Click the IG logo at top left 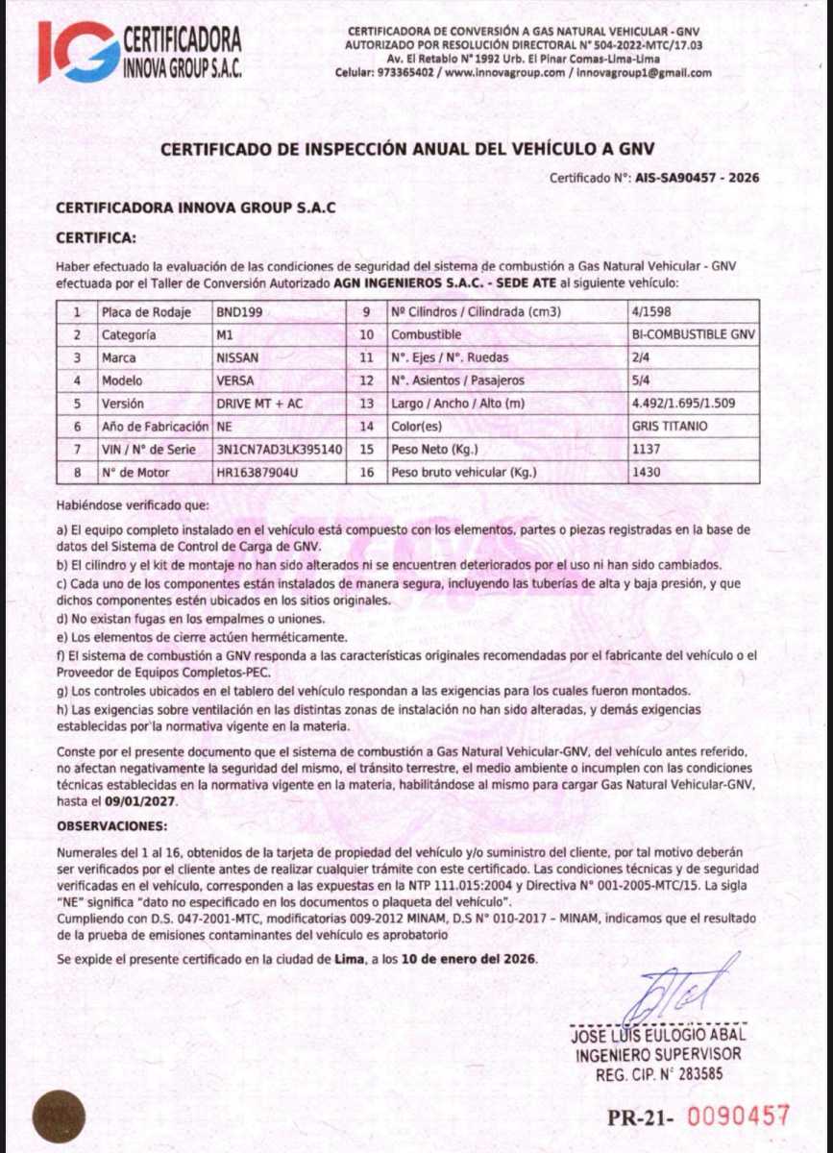pyautogui.click(x=79, y=51)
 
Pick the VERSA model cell pyautogui.click(x=235, y=380)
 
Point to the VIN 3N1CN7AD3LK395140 pyautogui.click(x=279, y=450)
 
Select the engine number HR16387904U pyautogui.click(x=257, y=473)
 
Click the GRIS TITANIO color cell pyautogui.click(x=669, y=427)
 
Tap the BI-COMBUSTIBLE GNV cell pyautogui.click(x=693, y=335)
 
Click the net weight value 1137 pyautogui.click(x=645, y=450)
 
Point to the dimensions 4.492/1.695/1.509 pyautogui.click(x=684, y=404)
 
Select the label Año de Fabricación pyautogui.click(x=155, y=427)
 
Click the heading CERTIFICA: pyautogui.click(x=96, y=236)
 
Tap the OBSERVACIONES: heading pyautogui.click(x=112, y=825)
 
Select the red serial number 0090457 pyautogui.click(x=740, y=1116)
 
